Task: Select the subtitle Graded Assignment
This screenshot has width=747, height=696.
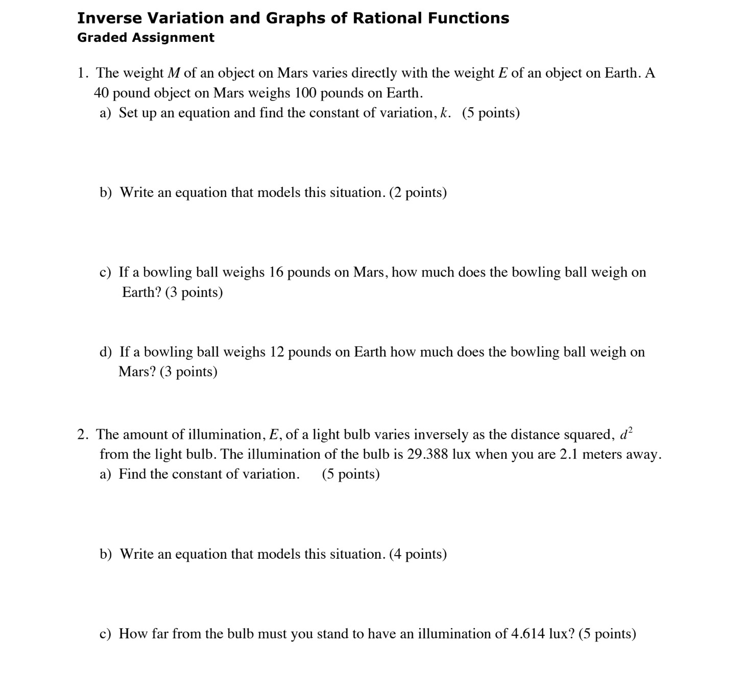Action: pos(146,38)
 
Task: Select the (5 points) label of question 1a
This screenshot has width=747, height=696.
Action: pos(491,113)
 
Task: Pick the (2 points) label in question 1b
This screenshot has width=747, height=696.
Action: pos(418,193)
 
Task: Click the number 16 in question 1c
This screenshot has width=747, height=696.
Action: pos(276,272)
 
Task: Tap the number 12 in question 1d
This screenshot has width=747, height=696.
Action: pos(277,352)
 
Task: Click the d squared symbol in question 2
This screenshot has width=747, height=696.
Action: pos(625,434)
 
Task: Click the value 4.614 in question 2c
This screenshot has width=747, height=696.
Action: pos(528,634)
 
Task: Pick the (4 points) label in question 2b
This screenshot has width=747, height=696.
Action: pos(418,554)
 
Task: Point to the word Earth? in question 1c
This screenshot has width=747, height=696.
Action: pos(141,292)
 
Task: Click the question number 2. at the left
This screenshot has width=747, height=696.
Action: pos(83,435)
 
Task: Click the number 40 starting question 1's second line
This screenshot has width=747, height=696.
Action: pos(101,93)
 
